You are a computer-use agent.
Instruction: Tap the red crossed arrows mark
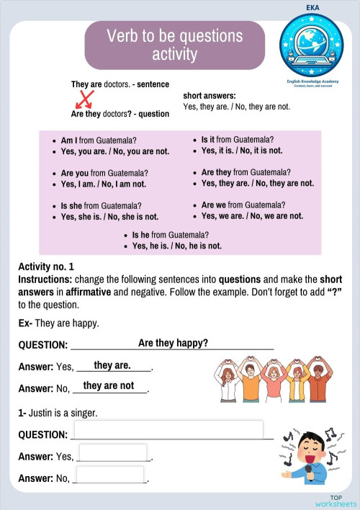click(x=86, y=99)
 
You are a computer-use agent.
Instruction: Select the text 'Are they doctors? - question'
click(x=120, y=114)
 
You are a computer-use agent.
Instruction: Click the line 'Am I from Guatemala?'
click(x=99, y=140)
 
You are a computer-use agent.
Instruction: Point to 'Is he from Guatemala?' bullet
click(x=170, y=235)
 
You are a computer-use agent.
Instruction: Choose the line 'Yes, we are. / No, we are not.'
click(x=252, y=216)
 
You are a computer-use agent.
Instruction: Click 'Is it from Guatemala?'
click(x=237, y=139)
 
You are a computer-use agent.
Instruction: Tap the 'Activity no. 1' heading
click(x=46, y=267)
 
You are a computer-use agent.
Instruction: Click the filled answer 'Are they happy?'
click(x=173, y=343)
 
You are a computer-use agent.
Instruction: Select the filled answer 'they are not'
click(x=109, y=385)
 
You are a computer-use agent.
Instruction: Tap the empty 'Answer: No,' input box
click(x=109, y=475)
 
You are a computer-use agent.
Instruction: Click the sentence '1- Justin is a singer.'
click(x=58, y=413)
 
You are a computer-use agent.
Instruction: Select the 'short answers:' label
click(x=210, y=96)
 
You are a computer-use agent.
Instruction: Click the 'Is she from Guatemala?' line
click(x=101, y=205)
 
